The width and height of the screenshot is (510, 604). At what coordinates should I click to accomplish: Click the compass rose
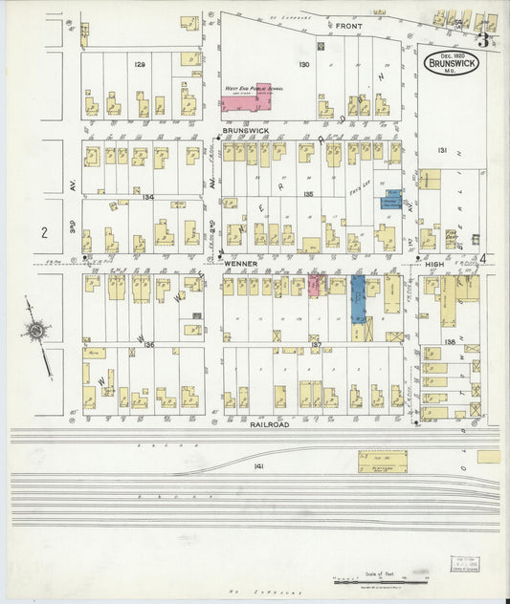coord(36,332)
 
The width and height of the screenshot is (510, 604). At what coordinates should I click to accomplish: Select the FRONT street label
coord(346,26)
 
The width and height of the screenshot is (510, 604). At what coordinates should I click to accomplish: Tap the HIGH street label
coord(435,264)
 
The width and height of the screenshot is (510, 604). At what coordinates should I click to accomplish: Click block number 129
coord(140,64)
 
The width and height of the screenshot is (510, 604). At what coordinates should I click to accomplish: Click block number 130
coord(304,64)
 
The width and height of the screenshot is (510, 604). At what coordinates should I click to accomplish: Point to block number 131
coord(442,151)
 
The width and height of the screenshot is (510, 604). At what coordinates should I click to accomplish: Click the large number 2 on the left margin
coord(44,232)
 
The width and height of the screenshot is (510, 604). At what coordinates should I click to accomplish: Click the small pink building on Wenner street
coord(314,284)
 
